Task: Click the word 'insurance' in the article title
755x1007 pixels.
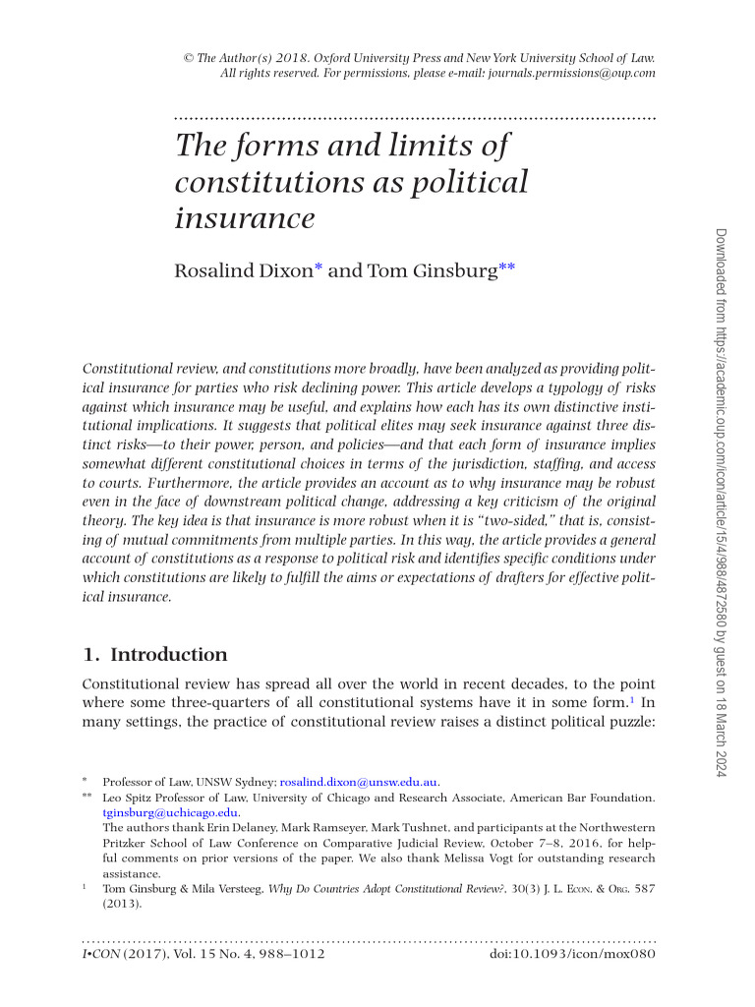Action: (x=245, y=217)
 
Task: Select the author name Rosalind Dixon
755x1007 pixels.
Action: (x=243, y=270)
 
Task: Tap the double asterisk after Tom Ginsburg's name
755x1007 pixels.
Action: (x=506, y=267)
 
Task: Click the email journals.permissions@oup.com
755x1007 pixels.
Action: (x=569, y=73)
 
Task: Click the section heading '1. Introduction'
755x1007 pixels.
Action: (x=154, y=655)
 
